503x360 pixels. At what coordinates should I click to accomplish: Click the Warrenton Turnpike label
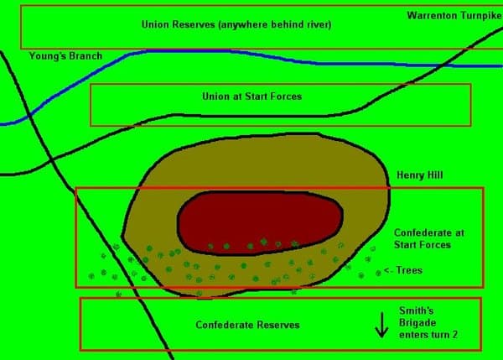(x=454, y=16)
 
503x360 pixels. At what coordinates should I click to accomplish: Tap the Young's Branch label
(x=65, y=56)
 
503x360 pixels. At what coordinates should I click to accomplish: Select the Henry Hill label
(x=420, y=175)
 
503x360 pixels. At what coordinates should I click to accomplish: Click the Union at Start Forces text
(x=251, y=97)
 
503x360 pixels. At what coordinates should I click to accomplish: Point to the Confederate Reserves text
(x=247, y=325)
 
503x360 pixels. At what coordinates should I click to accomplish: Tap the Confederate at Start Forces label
(x=429, y=238)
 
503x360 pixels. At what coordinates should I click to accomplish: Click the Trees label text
(x=409, y=270)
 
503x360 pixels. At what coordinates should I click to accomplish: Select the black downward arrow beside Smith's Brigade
(x=381, y=325)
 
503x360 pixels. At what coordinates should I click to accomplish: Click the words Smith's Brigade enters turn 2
(x=428, y=323)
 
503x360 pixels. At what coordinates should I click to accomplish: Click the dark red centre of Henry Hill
(x=260, y=222)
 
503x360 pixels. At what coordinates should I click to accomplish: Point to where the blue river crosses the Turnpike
(x=442, y=65)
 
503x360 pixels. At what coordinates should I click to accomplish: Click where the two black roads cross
(x=51, y=159)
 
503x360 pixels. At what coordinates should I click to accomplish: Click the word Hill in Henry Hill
(x=434, y=175)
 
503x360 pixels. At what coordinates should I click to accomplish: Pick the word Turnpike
(x=481, y=16)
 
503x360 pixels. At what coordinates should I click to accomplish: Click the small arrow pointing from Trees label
(x=388, y=271)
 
